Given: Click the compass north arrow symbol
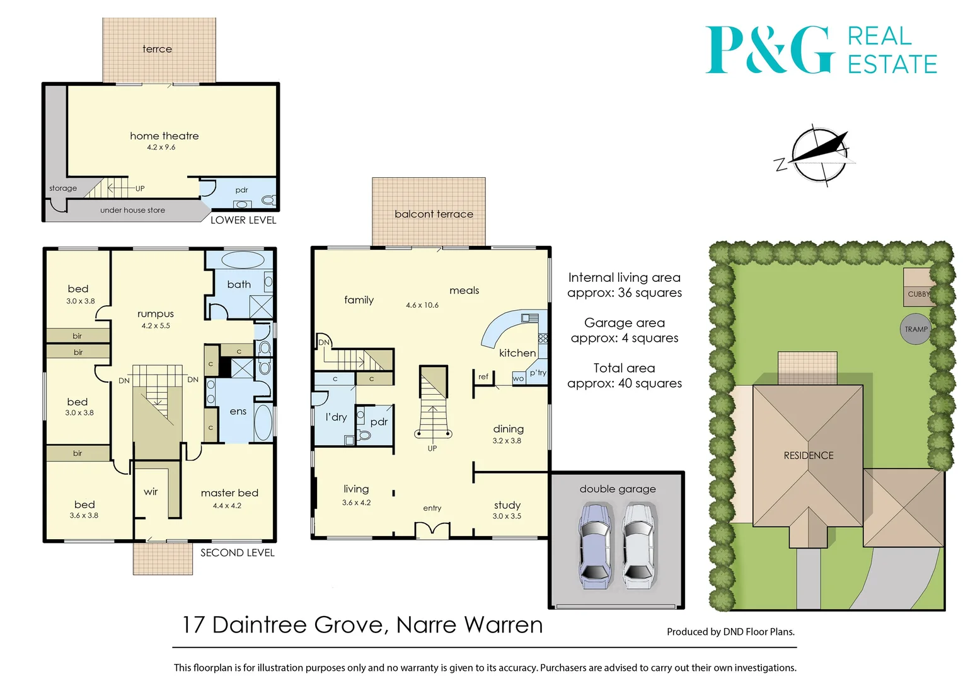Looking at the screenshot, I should click(x=819, y=154).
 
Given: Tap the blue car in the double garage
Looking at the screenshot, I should click(x=594, y=545).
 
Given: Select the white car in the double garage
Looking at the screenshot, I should click(x=639, y=545).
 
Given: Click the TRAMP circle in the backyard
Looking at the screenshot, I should click(x=916, y=329).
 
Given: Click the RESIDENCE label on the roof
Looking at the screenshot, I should click(x=808, y=455).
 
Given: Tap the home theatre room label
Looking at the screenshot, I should click(x=164, y=136).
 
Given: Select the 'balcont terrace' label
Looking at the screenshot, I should click(x=434, y=214).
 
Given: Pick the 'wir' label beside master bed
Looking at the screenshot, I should click(x=151, y=492).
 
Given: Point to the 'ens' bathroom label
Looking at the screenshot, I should click(x=238, y=412).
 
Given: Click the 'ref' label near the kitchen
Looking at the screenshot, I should click(x=483, y=377).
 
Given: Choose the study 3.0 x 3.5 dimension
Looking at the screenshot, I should click(x=507, y=516).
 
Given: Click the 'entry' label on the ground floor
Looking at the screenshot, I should click(x=432, y=508).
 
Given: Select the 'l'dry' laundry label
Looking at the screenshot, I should click(x=336, y=417).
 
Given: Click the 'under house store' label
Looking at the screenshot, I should click(x=132, y=210).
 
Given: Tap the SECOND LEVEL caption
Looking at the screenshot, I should click(x=237, y=553).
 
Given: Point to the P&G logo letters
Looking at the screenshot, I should click(x=770, y=50).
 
